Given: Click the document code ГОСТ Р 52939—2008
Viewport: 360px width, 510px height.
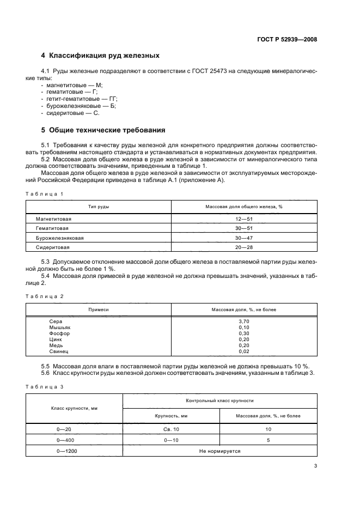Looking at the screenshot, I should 286,39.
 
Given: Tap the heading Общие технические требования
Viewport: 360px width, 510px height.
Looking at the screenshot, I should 103,130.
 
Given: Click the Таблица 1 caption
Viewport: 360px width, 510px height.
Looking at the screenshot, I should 45,194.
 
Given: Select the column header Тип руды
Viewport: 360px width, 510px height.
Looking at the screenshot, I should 99,207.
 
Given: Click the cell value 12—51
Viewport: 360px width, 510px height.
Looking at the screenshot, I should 243,218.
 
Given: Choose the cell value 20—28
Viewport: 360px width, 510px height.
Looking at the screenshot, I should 243,247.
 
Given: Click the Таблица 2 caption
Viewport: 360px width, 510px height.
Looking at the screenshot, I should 45,296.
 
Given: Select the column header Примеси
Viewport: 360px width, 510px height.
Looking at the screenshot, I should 99,309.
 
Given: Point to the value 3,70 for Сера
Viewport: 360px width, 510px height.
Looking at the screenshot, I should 243,321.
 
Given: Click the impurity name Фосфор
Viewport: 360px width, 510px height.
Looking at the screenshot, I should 59,333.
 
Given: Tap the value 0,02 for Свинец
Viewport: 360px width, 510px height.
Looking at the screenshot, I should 243,352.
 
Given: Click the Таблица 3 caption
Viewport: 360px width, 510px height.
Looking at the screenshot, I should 45,386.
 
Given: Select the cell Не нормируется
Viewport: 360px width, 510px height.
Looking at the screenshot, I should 219,452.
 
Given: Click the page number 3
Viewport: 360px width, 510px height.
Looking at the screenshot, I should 316,466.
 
